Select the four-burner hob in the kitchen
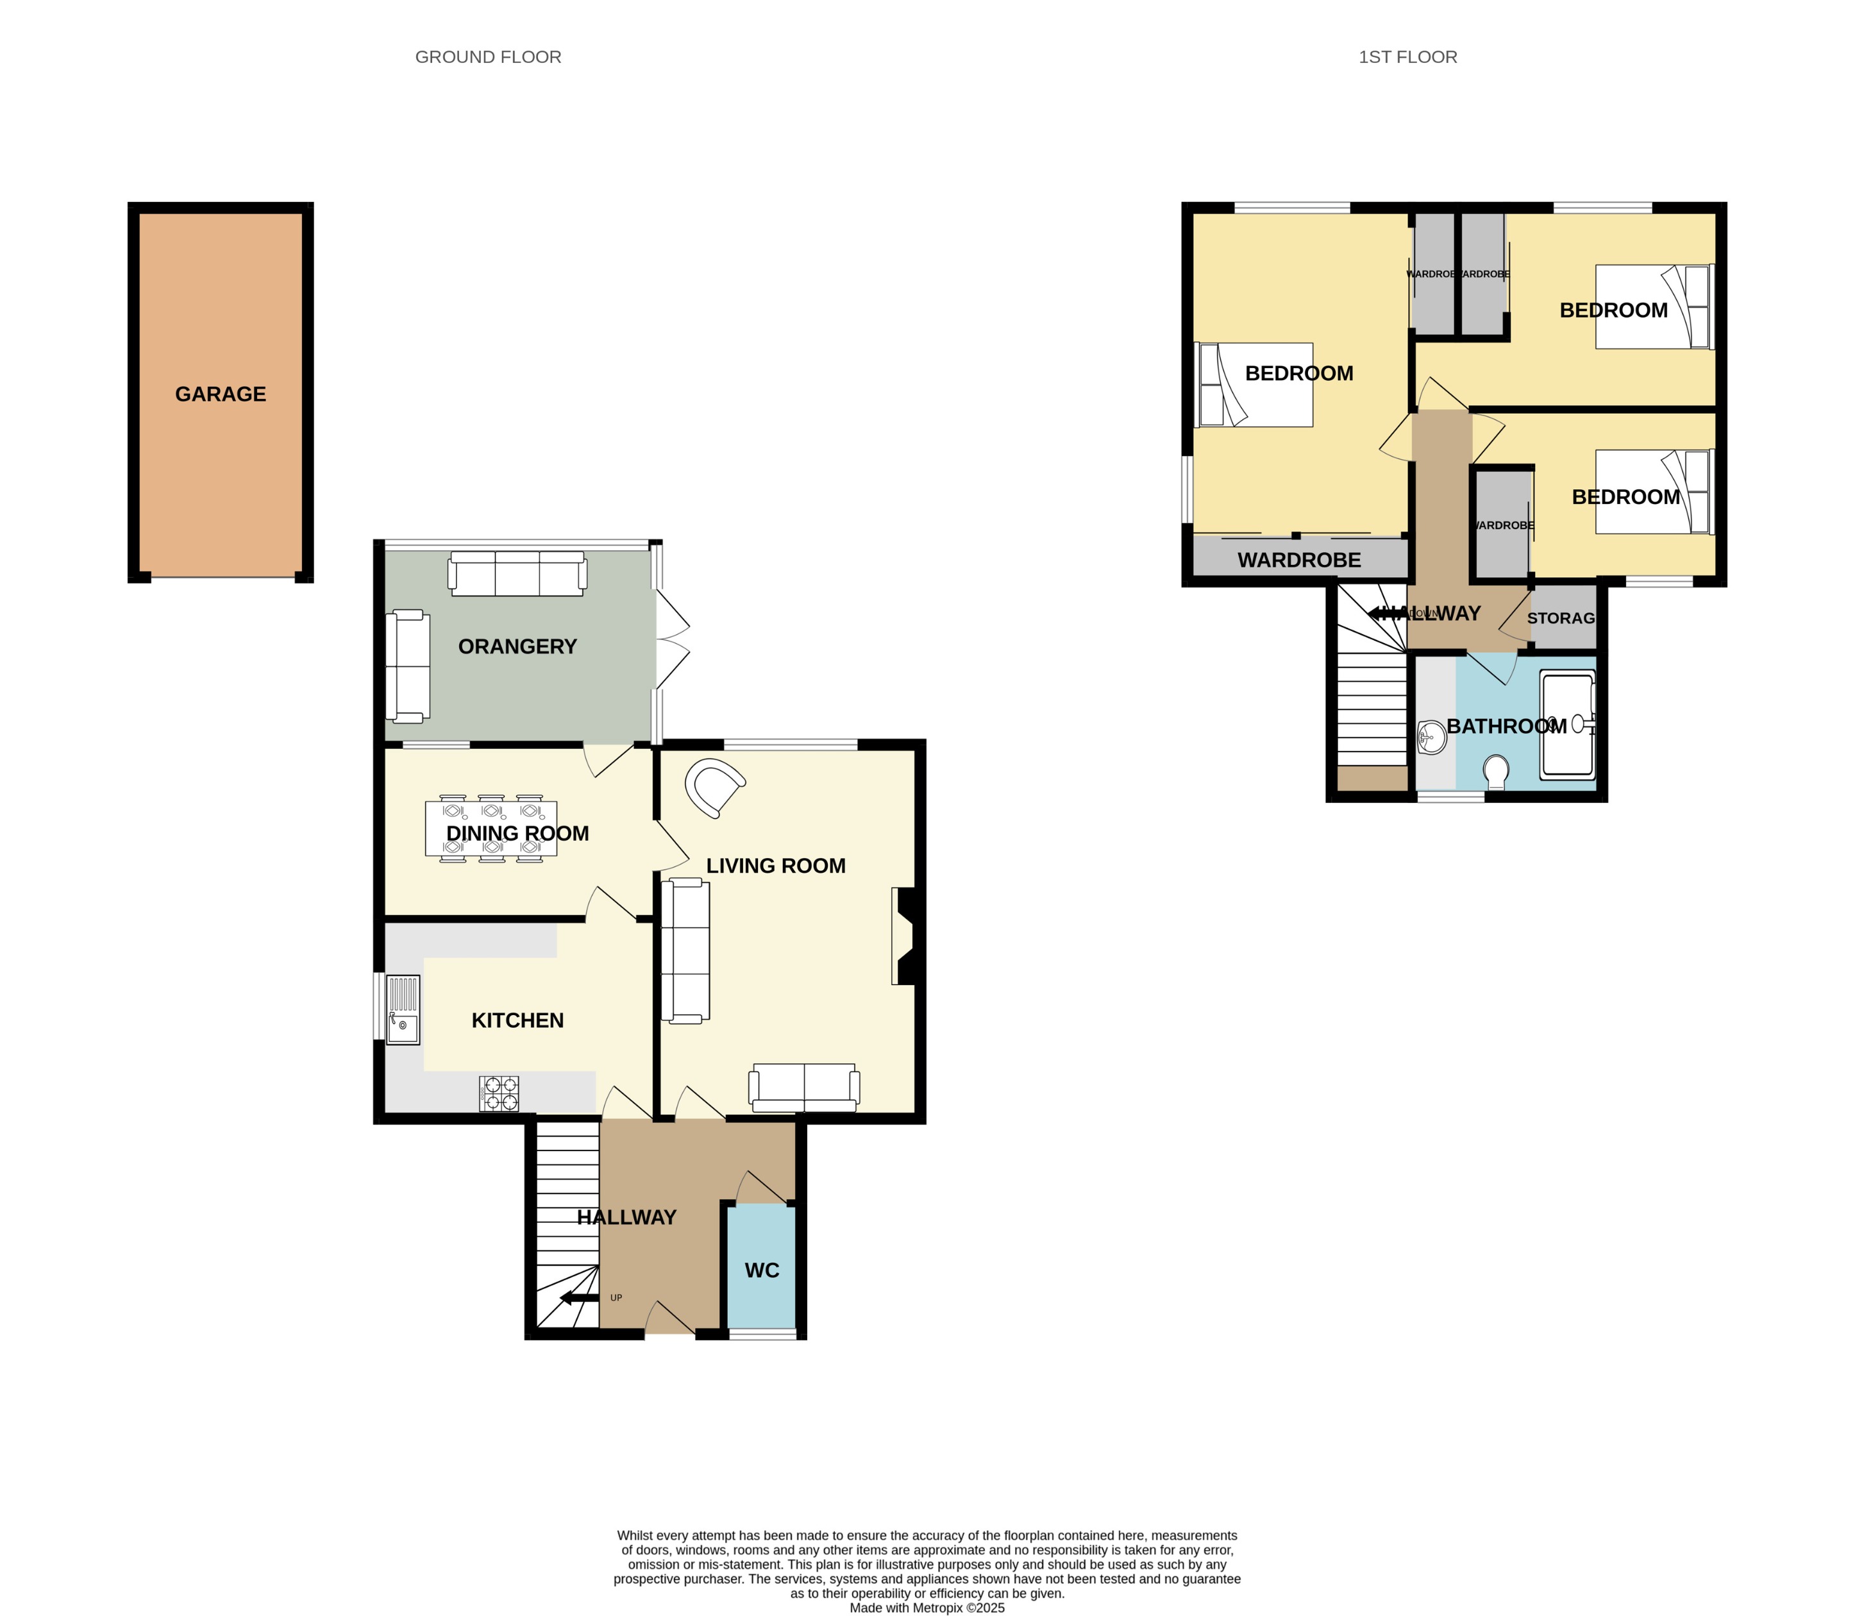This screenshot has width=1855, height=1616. tap(499, 1094)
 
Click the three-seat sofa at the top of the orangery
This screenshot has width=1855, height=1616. tap(517, 575)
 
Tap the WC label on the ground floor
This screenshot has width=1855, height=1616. tap(761, 1270)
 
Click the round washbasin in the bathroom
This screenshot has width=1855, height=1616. tap(1431, 737)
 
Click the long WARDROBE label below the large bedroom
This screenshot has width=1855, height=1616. tap(1298, 560)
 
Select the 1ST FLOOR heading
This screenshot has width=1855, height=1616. tap(1407, 57)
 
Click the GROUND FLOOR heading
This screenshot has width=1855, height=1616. tap(488, 57)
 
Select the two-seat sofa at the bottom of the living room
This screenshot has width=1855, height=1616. tap(803, 1088)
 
